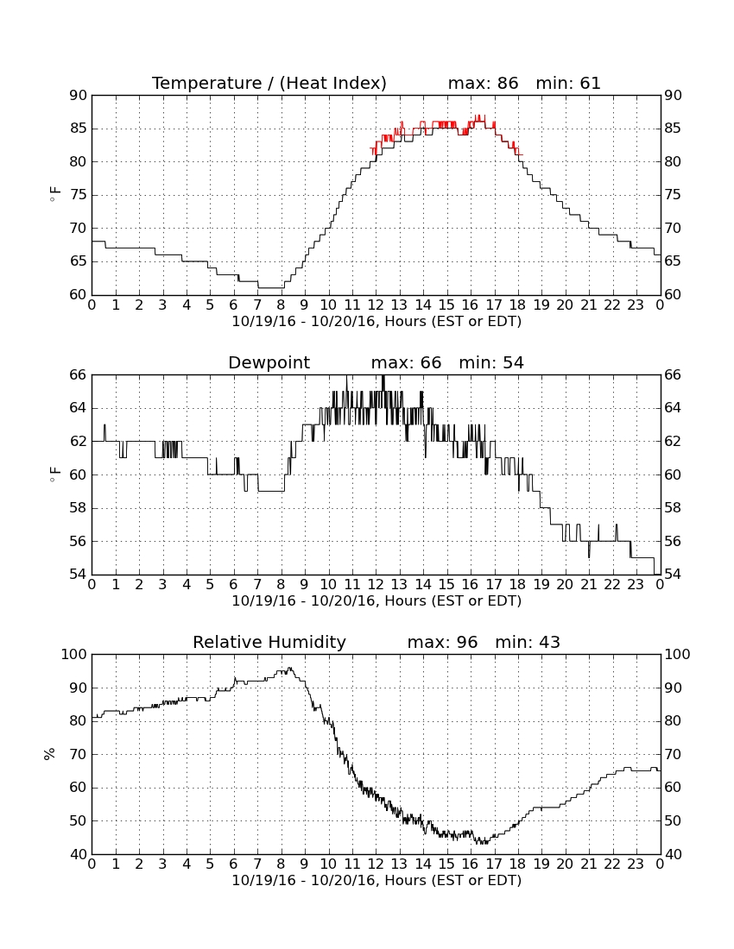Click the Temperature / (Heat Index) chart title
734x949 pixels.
(x=269, y=83)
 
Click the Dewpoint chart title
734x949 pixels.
(x=269, y=362)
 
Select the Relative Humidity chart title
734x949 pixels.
(x=269, y=642)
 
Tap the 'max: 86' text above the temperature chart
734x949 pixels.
(x=484, y=83)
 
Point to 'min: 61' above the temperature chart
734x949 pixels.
(x=568, y=83)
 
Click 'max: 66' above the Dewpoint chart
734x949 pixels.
(x=407, y=362)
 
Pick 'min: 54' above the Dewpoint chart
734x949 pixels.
(x=491, y=362)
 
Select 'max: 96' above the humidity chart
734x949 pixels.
(x=443, y=642)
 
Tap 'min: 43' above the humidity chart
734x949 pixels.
(x=528, y=642)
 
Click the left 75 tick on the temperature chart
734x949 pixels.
(x=79, y=195)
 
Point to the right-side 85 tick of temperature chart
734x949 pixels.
(x=673, y=129)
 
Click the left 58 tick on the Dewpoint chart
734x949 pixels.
(x=79, y=508)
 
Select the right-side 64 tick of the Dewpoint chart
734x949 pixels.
(x=673, y=408)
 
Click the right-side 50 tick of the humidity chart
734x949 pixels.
(x=673, y=820)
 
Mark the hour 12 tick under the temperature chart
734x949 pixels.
(x=376, y=305)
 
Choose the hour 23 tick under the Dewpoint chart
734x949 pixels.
(x=636, y=585)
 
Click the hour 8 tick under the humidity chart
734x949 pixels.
(x=281, y=864)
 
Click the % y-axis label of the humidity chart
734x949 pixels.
(x=50, y=754)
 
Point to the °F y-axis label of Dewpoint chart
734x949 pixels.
(x=54, y=474)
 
